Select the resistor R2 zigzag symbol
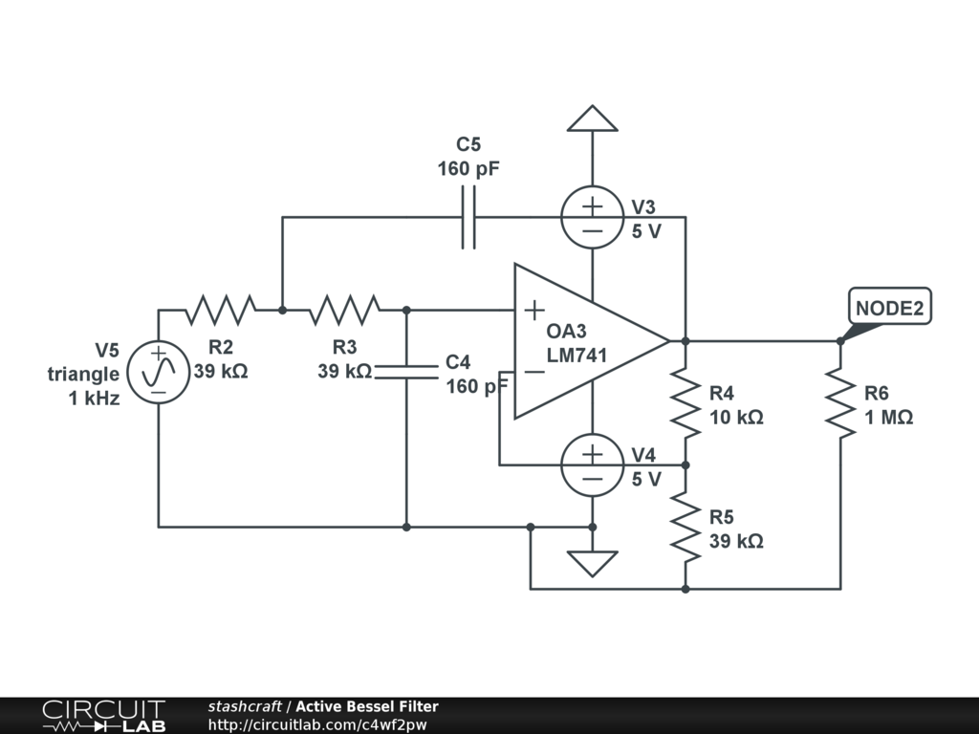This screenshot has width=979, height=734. (x=221, y=310)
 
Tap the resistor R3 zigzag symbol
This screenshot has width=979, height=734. (x=344, y=310)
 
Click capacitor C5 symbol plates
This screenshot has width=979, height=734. (x=468, y=218)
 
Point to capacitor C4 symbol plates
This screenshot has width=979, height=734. (x=406, y=371)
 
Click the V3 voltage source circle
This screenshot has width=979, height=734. (x=593, y=217)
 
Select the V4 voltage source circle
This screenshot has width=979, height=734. (x=593, y=465)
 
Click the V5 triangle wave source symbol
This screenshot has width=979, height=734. (x=159, y=372)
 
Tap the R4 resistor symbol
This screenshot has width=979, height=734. (x=685, y=403)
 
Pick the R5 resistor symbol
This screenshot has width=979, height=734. (x=685, y=528)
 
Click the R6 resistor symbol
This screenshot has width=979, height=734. (x=840, y=403)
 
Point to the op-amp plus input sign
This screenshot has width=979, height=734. (x=534, y=310)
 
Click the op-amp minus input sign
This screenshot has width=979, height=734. (x=534, y=372)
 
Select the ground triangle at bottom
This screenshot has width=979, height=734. (x=593, y=563)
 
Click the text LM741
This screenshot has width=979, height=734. (x=577, y=356)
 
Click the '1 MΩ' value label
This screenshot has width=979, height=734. (x=889, y=418)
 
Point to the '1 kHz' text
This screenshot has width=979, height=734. (x=94, y=399)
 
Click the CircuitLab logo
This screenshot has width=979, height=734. (x=102, y=716)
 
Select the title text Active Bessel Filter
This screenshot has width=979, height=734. (x=366, y=707)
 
